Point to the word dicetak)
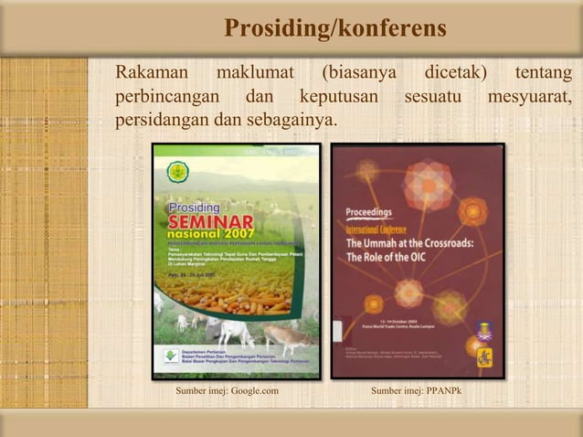tap(455, 72)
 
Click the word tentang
tap(544, 72)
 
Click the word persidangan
tap(162, 120)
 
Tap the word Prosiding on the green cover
tap(194, 207)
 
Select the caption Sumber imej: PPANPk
tap(418, 393)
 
